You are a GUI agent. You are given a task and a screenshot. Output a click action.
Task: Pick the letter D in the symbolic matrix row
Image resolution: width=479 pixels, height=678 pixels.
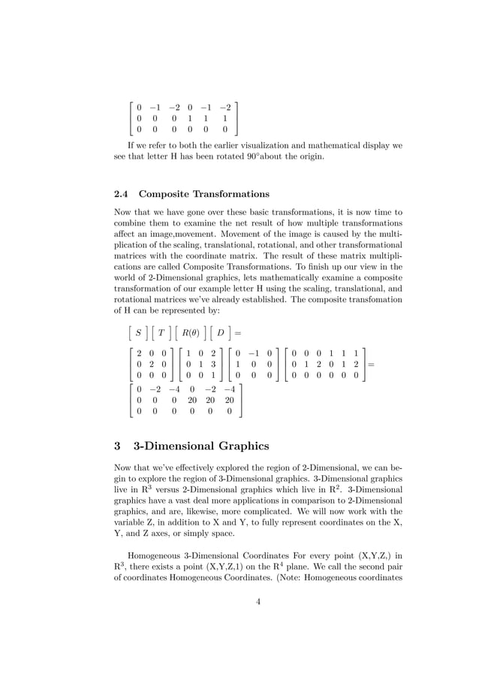[x=221, y=332]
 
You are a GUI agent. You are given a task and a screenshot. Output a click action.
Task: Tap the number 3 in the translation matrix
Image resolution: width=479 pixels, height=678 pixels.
[x=214, y=362]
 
